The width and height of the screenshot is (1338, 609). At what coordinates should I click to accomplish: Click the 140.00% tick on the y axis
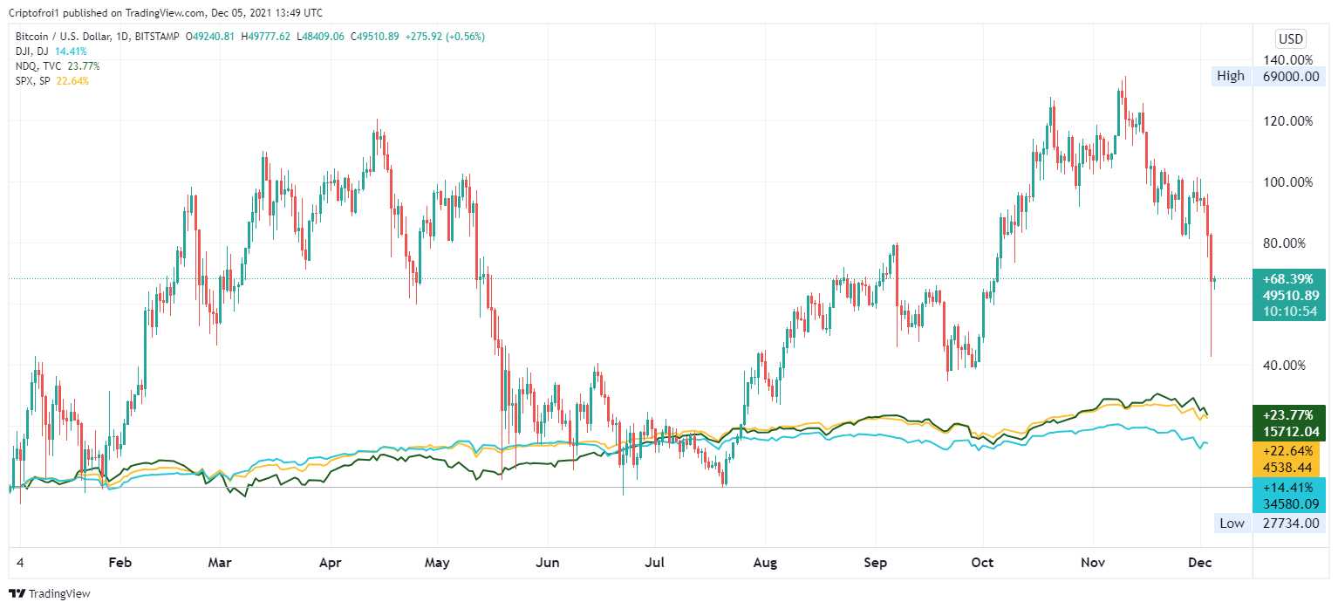point(1289,60)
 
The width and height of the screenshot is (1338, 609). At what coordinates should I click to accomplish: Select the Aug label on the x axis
point(765,563)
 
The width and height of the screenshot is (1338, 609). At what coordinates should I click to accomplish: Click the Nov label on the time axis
point(1093,563)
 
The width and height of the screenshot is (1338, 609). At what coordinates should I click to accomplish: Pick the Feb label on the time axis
point(120,563)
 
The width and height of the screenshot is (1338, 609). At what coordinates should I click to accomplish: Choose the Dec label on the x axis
point(1200,563)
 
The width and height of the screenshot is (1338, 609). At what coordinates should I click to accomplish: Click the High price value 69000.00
point(1289,76)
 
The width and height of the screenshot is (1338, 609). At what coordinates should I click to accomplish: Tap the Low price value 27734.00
point(1289,523)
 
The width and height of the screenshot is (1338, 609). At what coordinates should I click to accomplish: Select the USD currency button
point(1290,38)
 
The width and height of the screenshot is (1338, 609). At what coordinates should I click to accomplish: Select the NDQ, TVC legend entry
point(39,66)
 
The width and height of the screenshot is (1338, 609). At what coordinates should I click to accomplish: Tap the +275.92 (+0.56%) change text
point(446,37)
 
